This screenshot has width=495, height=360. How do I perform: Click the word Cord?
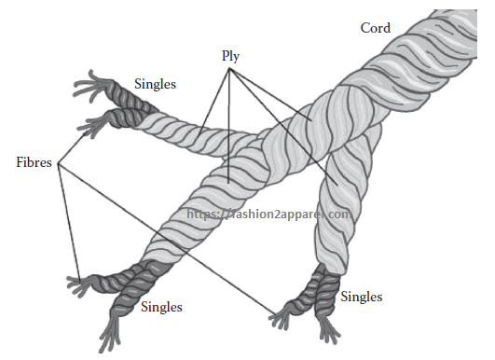pyautogui.click(x=376, y=28)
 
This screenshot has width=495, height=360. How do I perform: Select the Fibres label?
pyautogui.click(x=34, y=161)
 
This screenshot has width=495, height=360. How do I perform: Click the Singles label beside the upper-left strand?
pyautogui.click(x=155, y=84)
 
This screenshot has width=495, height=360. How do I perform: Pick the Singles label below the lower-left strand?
pyautogui.click(x=160, y=306)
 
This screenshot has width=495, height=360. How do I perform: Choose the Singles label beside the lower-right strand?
pyautogui.click(x=361, y=297)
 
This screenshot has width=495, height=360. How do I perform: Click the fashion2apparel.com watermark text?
pyautogui.click(x=270, y=213)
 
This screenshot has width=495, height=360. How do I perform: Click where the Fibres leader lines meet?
pyautogui.click(x=59, y=166)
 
